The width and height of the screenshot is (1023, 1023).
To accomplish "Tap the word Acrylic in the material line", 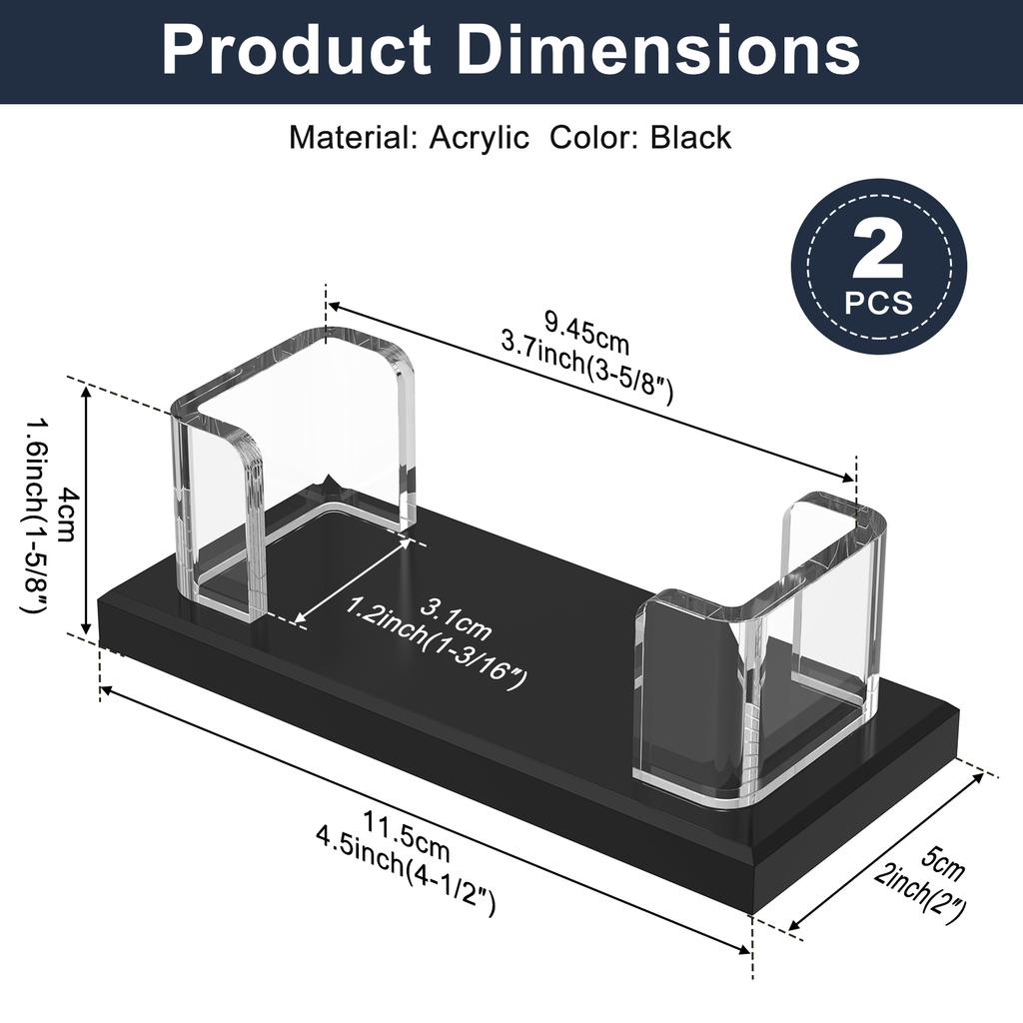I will point(479,137).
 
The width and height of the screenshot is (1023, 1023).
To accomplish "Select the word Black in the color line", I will point(690,137).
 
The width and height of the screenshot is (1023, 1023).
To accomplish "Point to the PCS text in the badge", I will point(878,301).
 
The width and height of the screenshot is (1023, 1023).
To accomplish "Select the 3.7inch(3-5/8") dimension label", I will point(586,370).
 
